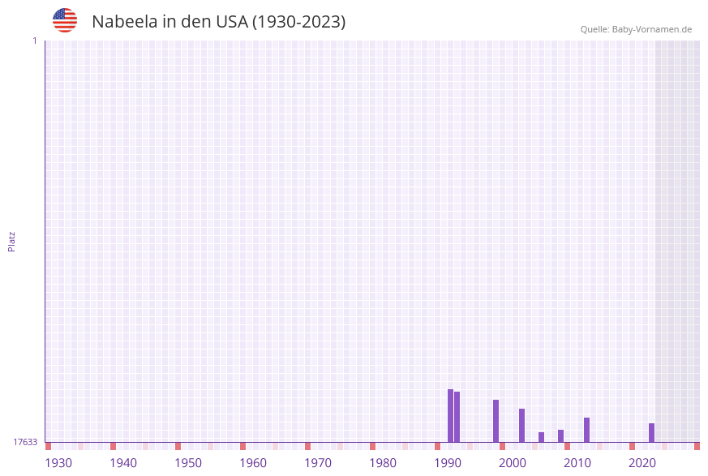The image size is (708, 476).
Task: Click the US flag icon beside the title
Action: point(65,20)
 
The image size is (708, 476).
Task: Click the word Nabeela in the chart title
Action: point(124,22)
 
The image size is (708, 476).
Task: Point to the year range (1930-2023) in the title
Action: point(299,22)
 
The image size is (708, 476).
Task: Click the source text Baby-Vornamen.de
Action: point(652,29)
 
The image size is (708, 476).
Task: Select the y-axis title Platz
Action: point(12,241)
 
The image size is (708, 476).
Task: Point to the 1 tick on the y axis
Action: point(34,41)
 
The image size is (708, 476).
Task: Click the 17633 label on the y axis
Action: point(25,442)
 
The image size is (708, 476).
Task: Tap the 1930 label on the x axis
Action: point(58,463)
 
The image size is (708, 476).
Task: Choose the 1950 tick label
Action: point(188,463)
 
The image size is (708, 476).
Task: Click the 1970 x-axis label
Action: point(318,463)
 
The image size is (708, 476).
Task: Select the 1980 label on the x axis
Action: point(383,463)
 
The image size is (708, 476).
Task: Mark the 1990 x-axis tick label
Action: point(448,463)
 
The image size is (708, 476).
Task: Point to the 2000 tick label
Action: point(513,463)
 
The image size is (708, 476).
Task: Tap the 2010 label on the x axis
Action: point(577,463)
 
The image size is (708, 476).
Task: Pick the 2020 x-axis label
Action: point(642,463)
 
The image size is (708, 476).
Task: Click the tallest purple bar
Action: point(451,415)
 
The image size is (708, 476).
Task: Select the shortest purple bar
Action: point(542,437)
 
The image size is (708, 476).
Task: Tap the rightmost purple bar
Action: point(651,432)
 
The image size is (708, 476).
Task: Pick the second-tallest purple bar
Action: point(457,417)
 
